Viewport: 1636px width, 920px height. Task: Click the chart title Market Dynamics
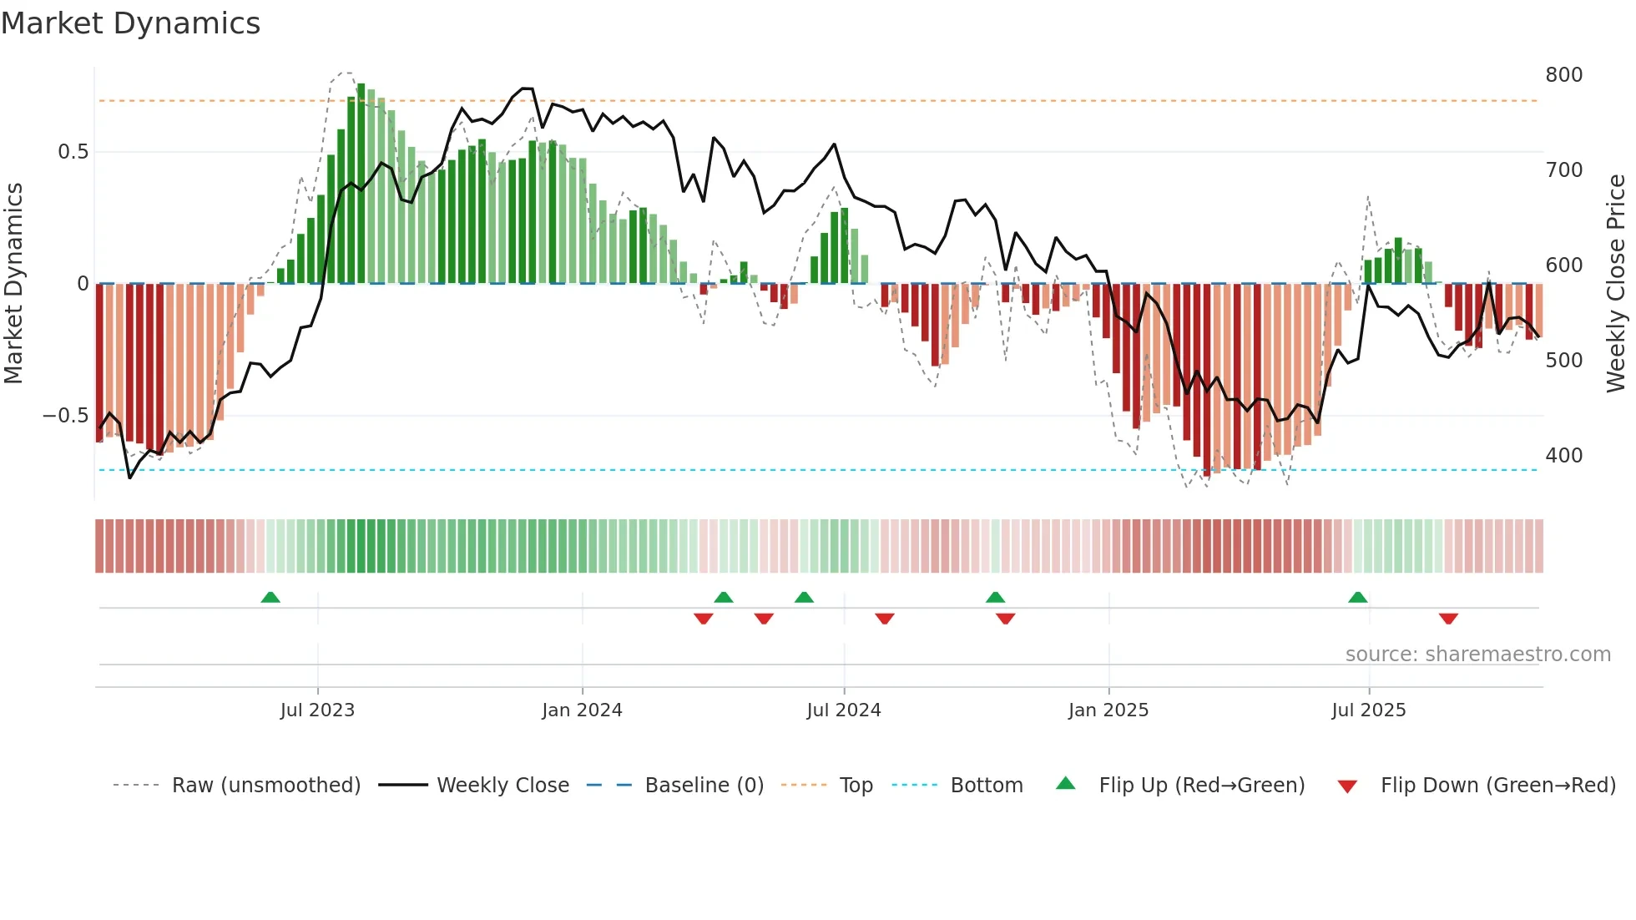[130, 23]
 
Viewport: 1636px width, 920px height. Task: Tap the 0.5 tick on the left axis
[73, 152]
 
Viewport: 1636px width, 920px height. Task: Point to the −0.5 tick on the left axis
[66, 416]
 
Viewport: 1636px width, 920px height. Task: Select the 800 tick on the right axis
[1563, 75]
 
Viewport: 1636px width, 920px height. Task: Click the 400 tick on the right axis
[1563, 456]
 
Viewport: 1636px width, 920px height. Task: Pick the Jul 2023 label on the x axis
[317, 710]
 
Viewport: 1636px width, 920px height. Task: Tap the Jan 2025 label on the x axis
[1108, 710]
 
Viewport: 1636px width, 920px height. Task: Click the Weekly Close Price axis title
[1616, 284]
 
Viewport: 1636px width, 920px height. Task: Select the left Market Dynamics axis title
[13, 284]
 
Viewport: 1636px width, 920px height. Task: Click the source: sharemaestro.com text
[1477, 655]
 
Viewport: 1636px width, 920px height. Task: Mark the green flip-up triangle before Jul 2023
[270, 598]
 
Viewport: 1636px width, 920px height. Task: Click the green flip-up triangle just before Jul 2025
[1357, 598]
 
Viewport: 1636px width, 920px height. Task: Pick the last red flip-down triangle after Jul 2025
[1448, 619]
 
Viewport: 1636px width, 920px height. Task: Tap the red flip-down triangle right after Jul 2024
[885, 619]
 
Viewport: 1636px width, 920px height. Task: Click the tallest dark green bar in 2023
[361, 184]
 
